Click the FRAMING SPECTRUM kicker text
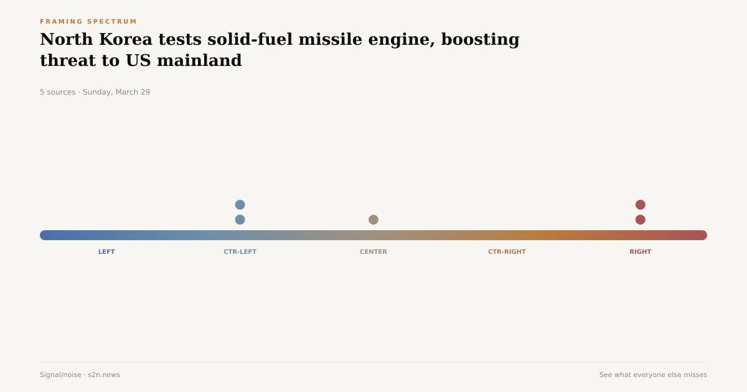click(88, 22)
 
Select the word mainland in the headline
click(199, 61)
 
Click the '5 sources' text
click(57, 92)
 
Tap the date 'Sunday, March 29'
click(116, 92)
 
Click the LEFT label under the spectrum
click(106, 252)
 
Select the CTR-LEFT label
click(240, 252)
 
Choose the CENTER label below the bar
click(374, 252)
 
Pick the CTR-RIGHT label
click(507, 252)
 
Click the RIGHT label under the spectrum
click(640, 252)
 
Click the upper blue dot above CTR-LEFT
click(240, 205)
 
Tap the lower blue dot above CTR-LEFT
click(240, 220)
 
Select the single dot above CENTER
click(374, 220)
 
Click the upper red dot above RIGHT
click(640, 205)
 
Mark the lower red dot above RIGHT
click(640, 220)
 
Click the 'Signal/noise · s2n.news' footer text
click(80, 375)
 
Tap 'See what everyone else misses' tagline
click(653, 375)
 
